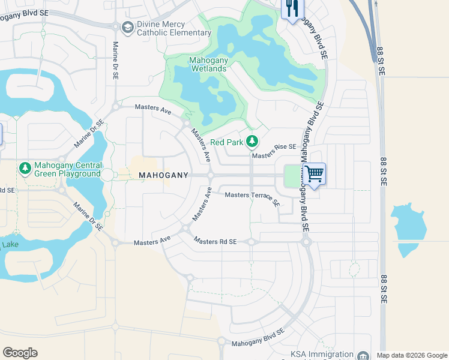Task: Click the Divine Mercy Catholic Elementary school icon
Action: click(x=127, y=28)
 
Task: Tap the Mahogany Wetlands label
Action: click(x=208, y=64)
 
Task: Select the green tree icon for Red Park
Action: click(x=253, y=142)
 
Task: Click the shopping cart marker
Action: click(x=314, y=174)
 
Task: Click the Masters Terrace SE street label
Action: click(x=252, y=198)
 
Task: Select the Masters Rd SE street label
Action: click(x=215, y=241)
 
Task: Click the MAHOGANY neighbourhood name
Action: click(x=164, y=175)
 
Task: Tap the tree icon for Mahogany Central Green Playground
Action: click(x=25, y=169)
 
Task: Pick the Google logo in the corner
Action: click(x=20, y=352)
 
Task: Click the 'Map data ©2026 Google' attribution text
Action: click(x=412, y=355)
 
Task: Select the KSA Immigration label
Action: click(x=322, y=355)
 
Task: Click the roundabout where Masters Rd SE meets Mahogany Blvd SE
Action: click(x=306, y=242)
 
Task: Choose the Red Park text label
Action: click(x=227, y=143)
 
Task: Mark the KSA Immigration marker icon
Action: click(x=363, y=355)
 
